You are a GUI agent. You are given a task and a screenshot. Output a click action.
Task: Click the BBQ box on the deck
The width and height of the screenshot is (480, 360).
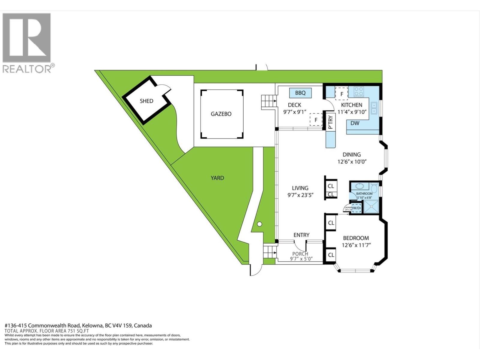click(300, 93)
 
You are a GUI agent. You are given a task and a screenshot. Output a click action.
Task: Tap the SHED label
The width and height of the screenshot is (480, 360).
click(146, 101)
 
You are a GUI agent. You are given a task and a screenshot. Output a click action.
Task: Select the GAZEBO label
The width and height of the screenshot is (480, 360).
click(221, 114)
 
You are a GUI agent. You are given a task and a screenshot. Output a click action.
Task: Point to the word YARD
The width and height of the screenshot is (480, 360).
click(217, 178)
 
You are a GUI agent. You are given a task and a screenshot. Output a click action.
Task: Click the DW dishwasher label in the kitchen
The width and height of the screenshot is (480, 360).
click(355, 123)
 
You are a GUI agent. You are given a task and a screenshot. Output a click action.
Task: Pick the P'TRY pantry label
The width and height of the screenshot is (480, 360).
click(331, 122)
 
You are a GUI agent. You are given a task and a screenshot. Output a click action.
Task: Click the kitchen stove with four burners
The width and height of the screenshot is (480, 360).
click(359, 91)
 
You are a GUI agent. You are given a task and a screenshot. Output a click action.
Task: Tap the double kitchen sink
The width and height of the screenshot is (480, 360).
click(374, 108)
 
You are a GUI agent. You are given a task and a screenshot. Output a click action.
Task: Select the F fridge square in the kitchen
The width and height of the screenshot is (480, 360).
click(341, 94)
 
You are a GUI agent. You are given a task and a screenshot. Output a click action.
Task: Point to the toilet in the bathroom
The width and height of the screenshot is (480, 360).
click(374, 188)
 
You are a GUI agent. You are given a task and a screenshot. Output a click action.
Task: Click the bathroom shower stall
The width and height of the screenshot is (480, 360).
click(371, 207)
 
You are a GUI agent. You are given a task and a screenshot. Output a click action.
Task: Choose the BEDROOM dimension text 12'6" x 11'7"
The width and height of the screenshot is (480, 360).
click(356, 245)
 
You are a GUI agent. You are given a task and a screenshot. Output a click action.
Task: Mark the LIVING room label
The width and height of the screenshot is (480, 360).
click(300, 188)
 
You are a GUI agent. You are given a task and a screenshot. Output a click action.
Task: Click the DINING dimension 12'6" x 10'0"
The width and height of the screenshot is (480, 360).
click(352, 162)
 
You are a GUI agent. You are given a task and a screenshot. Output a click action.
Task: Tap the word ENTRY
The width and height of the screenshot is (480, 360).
click(301, 235)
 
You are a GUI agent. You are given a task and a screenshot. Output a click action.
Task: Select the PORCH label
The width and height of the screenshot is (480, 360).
click(300, 254)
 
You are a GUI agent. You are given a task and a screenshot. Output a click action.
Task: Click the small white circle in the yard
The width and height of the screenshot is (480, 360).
click(259, 224)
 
